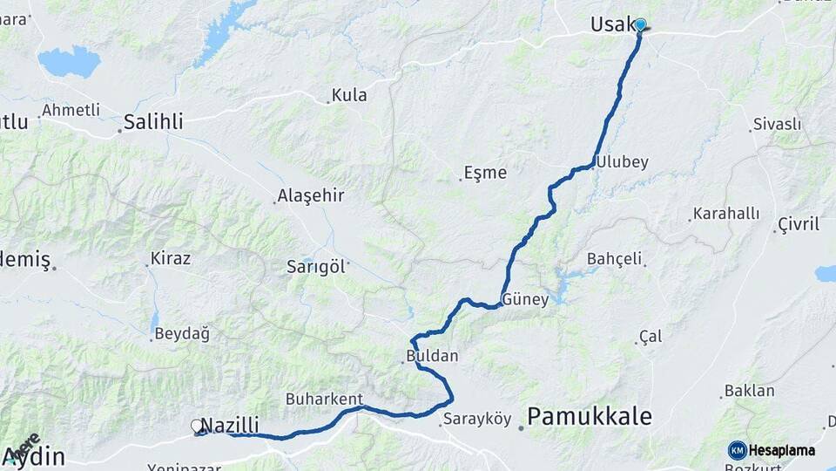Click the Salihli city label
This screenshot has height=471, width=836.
(153, 122)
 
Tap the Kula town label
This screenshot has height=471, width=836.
(349, 96)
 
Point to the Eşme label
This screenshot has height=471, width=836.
(485, 173)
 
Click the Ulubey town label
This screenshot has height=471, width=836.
(624, 162)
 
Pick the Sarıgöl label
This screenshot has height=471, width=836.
(316, 267)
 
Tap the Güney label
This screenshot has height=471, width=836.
(525, 300)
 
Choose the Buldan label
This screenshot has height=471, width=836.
(432, 356)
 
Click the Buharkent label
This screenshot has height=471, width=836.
(324, 399)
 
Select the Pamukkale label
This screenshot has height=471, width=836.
(590, 417)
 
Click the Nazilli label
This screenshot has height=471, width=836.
(230, 426)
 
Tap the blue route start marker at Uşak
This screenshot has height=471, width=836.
(640, 24)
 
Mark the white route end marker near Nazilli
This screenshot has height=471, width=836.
(197, 426)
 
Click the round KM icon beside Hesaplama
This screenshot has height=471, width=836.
(738, 450)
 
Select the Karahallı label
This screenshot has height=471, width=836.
(726, 214)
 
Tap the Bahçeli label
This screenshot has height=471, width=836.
(614, 259)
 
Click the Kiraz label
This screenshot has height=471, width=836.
(170, 258)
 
